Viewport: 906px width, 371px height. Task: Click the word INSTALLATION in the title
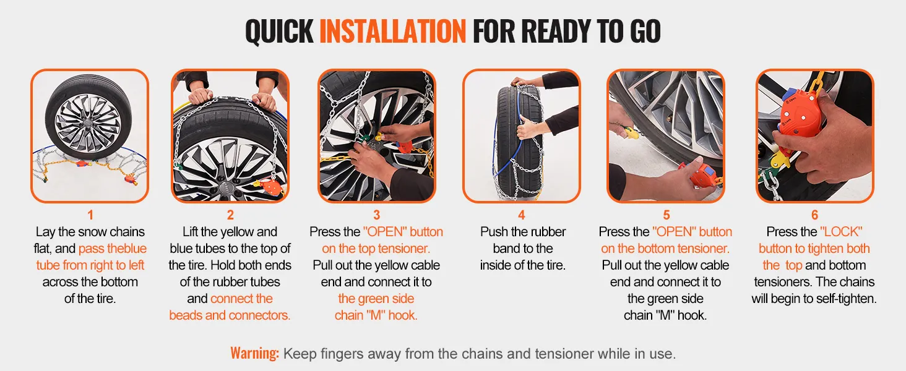click(x=392, y=31)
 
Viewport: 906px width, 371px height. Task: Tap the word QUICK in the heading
click(x=279, y=31)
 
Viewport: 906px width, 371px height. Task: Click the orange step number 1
click(x=90, y=215)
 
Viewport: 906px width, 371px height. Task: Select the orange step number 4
click(x=522, y=215)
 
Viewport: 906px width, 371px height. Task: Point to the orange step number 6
click(x=814, y=215)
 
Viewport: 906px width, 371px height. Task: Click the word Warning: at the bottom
click(x=254, y=353)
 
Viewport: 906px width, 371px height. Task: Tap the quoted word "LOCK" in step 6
click(x=841, y=232)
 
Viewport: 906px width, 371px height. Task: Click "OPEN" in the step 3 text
click(x=385, y=232)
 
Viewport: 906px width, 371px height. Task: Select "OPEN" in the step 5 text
click(x=674, y=232)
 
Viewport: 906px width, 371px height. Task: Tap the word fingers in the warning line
click(x=345, y=354)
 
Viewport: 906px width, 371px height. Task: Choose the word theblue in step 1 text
click(x=127, y=248)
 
